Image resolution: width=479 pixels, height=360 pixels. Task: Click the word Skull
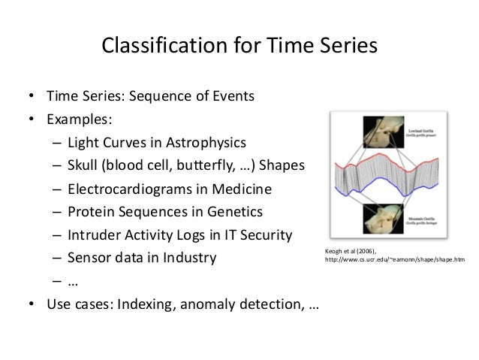85,165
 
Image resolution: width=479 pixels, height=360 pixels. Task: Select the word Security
264,235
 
